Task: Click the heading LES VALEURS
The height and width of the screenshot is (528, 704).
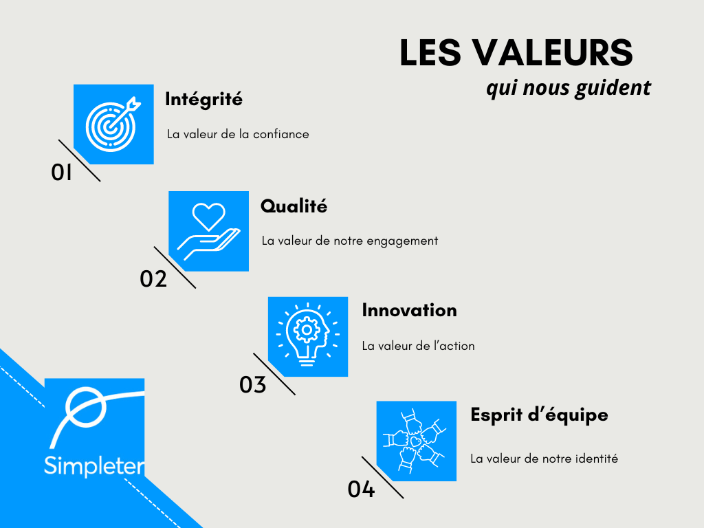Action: pos(516,54)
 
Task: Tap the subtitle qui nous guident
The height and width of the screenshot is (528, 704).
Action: pos(568,88)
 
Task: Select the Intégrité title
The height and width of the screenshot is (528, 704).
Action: pos(203,99)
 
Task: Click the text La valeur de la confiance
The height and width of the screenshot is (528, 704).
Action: pos(238,134)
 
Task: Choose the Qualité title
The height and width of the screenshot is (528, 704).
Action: pos(294,206)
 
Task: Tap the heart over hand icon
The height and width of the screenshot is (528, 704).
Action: pos(208,231)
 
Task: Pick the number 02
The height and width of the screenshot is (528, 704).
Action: pos(153,279)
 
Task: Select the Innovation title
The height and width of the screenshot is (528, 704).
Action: pos(409,310)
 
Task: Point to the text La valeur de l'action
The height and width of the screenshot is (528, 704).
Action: pos(418,346)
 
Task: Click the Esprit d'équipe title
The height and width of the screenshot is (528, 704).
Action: pos(539,415)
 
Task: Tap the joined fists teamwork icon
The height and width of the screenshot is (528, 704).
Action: pos(416,441)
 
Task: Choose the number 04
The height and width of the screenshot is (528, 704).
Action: pos(361,490)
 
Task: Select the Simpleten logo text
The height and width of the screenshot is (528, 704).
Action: pos(94,466)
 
